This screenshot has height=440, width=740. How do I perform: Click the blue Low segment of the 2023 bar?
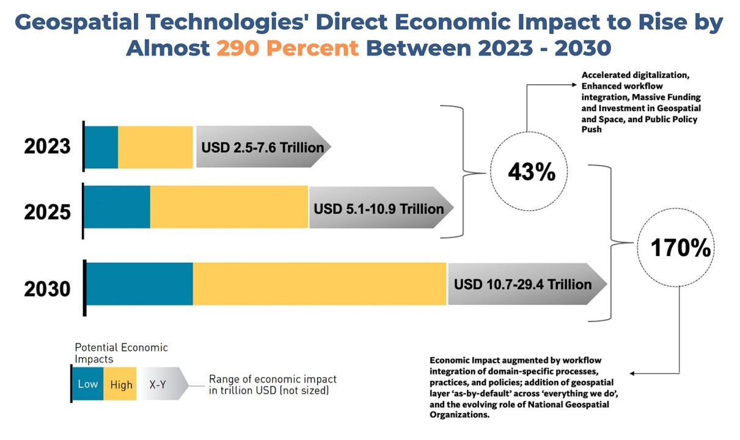(101, 147)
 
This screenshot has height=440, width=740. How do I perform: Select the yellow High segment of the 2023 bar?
(155, 147)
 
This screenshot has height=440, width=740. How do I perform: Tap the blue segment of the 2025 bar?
(117, 207)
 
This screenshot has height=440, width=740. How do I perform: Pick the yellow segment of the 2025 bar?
(229, 207)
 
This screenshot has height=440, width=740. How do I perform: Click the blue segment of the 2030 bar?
(139, 284)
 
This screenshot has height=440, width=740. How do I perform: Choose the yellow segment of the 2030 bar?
(320, 284)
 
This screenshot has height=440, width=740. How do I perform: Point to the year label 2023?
(48, 147)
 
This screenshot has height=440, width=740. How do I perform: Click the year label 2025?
(48, 212)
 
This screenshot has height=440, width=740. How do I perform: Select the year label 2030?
(48, 288)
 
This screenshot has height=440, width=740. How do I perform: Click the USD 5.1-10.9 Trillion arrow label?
(379, 208)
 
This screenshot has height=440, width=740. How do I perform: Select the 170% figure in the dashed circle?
(680, 248)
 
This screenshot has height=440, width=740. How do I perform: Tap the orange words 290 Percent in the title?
(287, 48)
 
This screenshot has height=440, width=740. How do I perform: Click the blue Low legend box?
(87, 384)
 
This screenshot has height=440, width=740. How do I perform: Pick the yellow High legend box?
(122, 384)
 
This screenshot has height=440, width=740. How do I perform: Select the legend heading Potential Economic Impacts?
(121, 353)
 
